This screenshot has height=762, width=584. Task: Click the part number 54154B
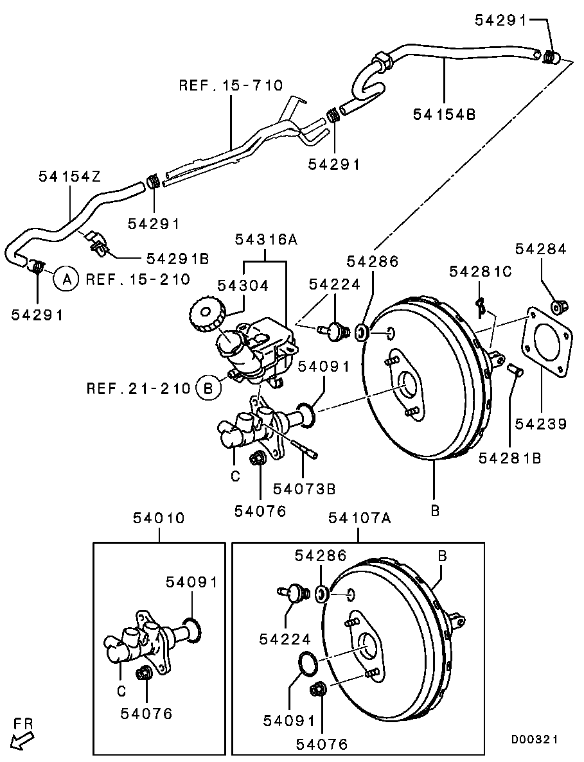coord(444,114)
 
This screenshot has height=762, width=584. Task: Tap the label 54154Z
coord(69,176)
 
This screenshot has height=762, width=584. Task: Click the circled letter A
coord(66,279)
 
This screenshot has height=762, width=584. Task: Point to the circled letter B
coord(208,388)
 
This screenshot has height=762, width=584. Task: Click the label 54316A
coord(266,239)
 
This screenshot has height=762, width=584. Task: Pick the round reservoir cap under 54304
coord(206,314)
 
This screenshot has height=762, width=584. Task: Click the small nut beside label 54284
coord(558,307)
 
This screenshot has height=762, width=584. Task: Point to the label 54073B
coord(305,489)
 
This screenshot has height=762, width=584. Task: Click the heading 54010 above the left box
coord(159,518)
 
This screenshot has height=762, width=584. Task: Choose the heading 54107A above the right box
coord(359,518)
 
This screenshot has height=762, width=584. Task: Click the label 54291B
coord(177,258)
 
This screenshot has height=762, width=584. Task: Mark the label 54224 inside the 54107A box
coord(285,639)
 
